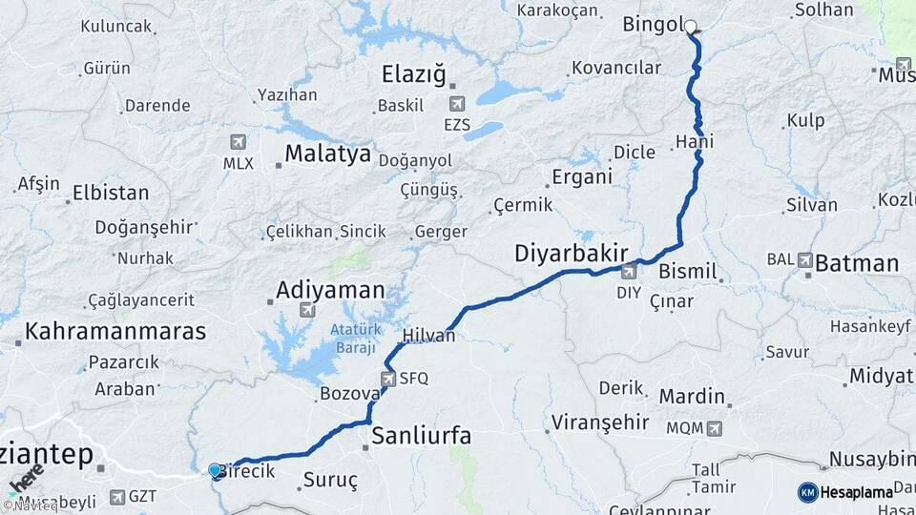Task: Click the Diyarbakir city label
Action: [x=571, y=254]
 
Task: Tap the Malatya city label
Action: [x=327, y=154]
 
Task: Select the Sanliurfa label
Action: [x=421, y=437]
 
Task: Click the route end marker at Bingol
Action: [x=691, y=28]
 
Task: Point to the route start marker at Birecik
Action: [x=215, y=469]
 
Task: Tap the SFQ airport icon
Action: [x=388, y=379]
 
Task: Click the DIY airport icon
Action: [x=629, y=273]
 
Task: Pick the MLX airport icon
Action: [x=238, y=142]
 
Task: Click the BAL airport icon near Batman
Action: [x=805, y=259]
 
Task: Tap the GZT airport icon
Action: [x=116, y=497]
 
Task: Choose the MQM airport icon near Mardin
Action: [x=715, y=428]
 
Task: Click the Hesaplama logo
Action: [x=845, y=492]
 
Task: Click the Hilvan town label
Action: [x=428, y=336]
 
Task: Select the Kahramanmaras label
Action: [x=115, y=332]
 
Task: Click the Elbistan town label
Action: [x=112, y=193]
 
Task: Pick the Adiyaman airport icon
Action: [x=307, y=310]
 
